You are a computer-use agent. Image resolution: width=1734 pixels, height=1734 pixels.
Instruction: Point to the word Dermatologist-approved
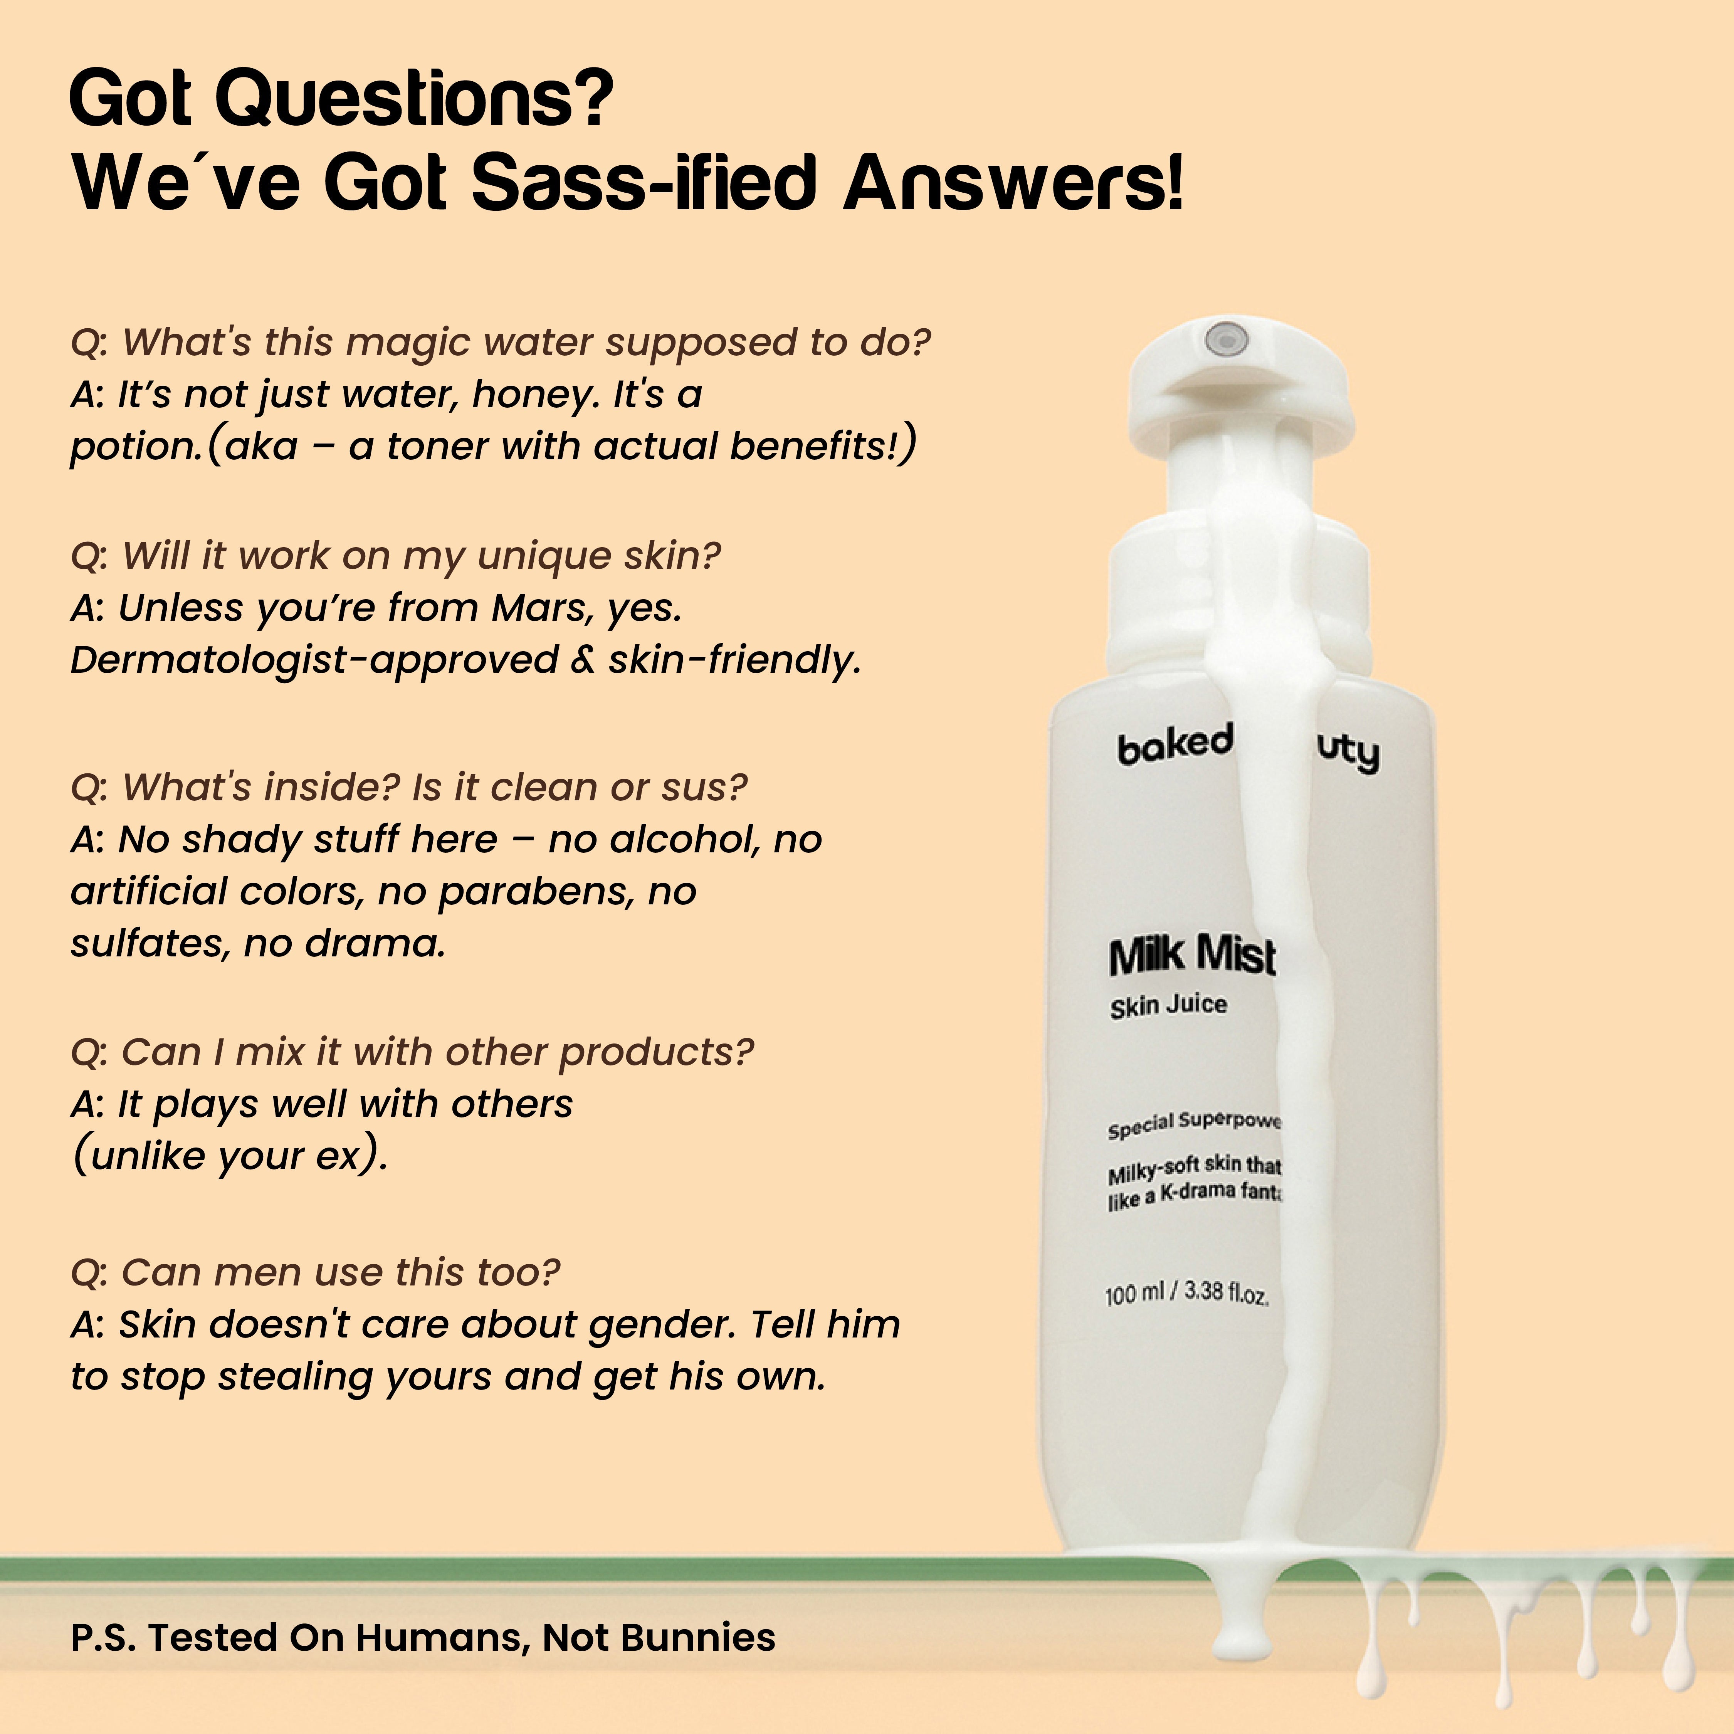tap(314, 660)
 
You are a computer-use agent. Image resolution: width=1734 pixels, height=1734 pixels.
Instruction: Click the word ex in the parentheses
tap(338, 1156)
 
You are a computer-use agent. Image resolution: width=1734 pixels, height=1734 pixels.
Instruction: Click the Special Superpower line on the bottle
tap(1194, 1124)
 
